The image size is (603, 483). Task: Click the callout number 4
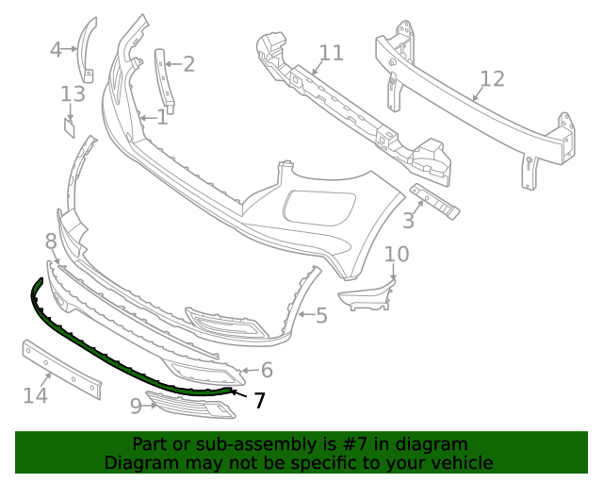coord(56,49)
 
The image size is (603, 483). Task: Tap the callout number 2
coord(189,63)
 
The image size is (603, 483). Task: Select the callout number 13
coord(73,93)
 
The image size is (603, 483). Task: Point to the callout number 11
coord(331,52)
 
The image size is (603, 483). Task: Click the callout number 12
coord(492,78)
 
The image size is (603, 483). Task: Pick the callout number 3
coord(408,221)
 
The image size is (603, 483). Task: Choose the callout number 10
coord(397,254)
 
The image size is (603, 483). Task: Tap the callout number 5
coord(321,315)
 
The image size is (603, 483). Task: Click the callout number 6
coord(267,371)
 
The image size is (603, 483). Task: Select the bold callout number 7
coord(259,401)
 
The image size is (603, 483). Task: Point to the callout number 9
coord(136,406)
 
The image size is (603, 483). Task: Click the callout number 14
coord(35,395)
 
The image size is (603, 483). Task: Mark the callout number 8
coord(51,241)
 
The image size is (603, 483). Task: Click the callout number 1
coord(162,118)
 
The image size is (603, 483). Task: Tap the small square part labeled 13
coord(70,126)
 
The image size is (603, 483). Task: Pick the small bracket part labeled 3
coord(434,202)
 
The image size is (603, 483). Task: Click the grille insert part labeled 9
coord(193,406)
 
